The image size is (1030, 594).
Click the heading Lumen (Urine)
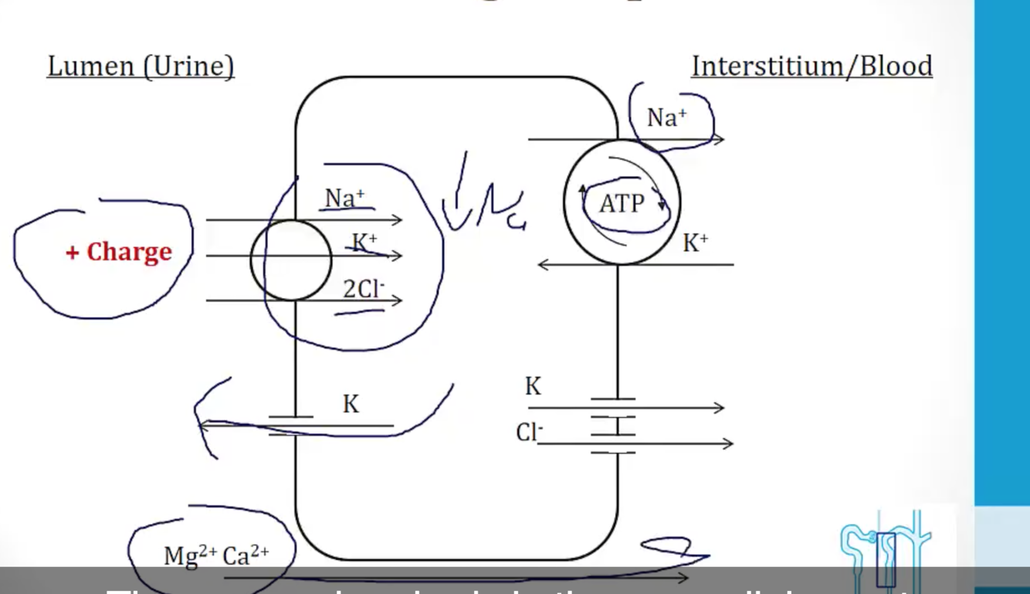pyautogui.click(x=141, y=66)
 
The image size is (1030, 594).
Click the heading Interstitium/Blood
pyautogui.click(x=811, y=66)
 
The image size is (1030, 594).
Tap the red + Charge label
pyautogui.click(x=119, y=252)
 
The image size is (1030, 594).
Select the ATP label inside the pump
pyautogui.click(x=622, y=203)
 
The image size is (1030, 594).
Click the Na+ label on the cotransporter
pyautogui.click(x=344, y=198)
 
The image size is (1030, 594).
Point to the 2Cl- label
pyautogui.click(x=363, y=289)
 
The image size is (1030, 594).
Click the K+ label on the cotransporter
pyautogui.click(x=364, y=243)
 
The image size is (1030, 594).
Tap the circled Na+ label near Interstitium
pyautogui.click(x=666, y=117)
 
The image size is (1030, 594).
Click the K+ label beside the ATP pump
pyautogui.click(x=696, y=243)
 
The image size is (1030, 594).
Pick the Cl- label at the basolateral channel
pyautogui.click(x=529, y=433)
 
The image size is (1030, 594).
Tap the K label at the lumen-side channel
pyautogui.click(x=351, y=404)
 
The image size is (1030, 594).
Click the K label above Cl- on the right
pyautogui.click(x=533, y=386)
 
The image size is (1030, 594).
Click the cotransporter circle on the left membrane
pyautogui.click(x=291, y=260)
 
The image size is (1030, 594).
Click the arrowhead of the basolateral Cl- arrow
pyautogui.click(x=728, y=443)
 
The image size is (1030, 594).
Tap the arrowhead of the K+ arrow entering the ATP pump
pyautogui.click(x=542, y=264)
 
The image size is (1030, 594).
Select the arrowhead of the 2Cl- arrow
pyautogui.click(x=398, y=300)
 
